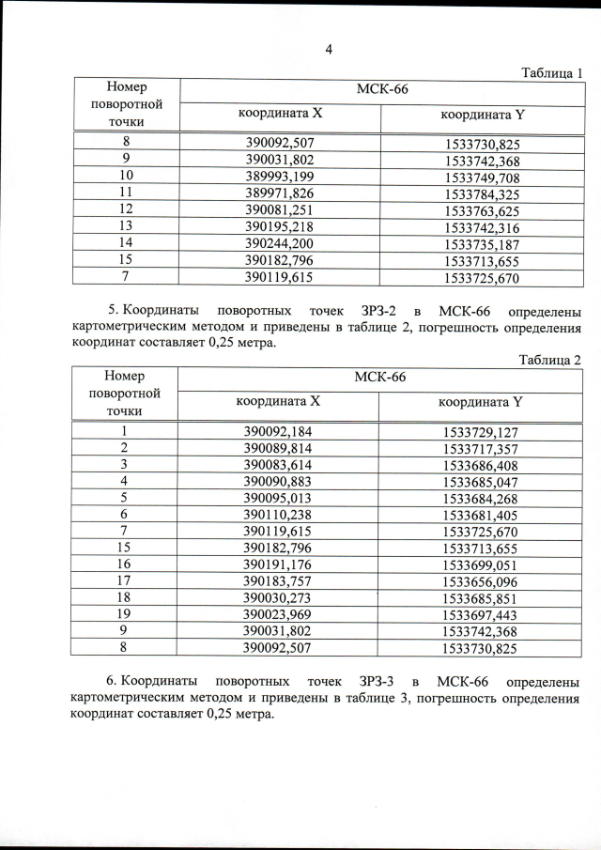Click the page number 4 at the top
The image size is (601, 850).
(x=329, y=49)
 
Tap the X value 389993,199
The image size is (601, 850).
(x=278, y=178)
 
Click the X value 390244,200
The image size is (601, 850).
(x=278, y=244)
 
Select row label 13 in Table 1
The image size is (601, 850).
(x=125, y=227)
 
